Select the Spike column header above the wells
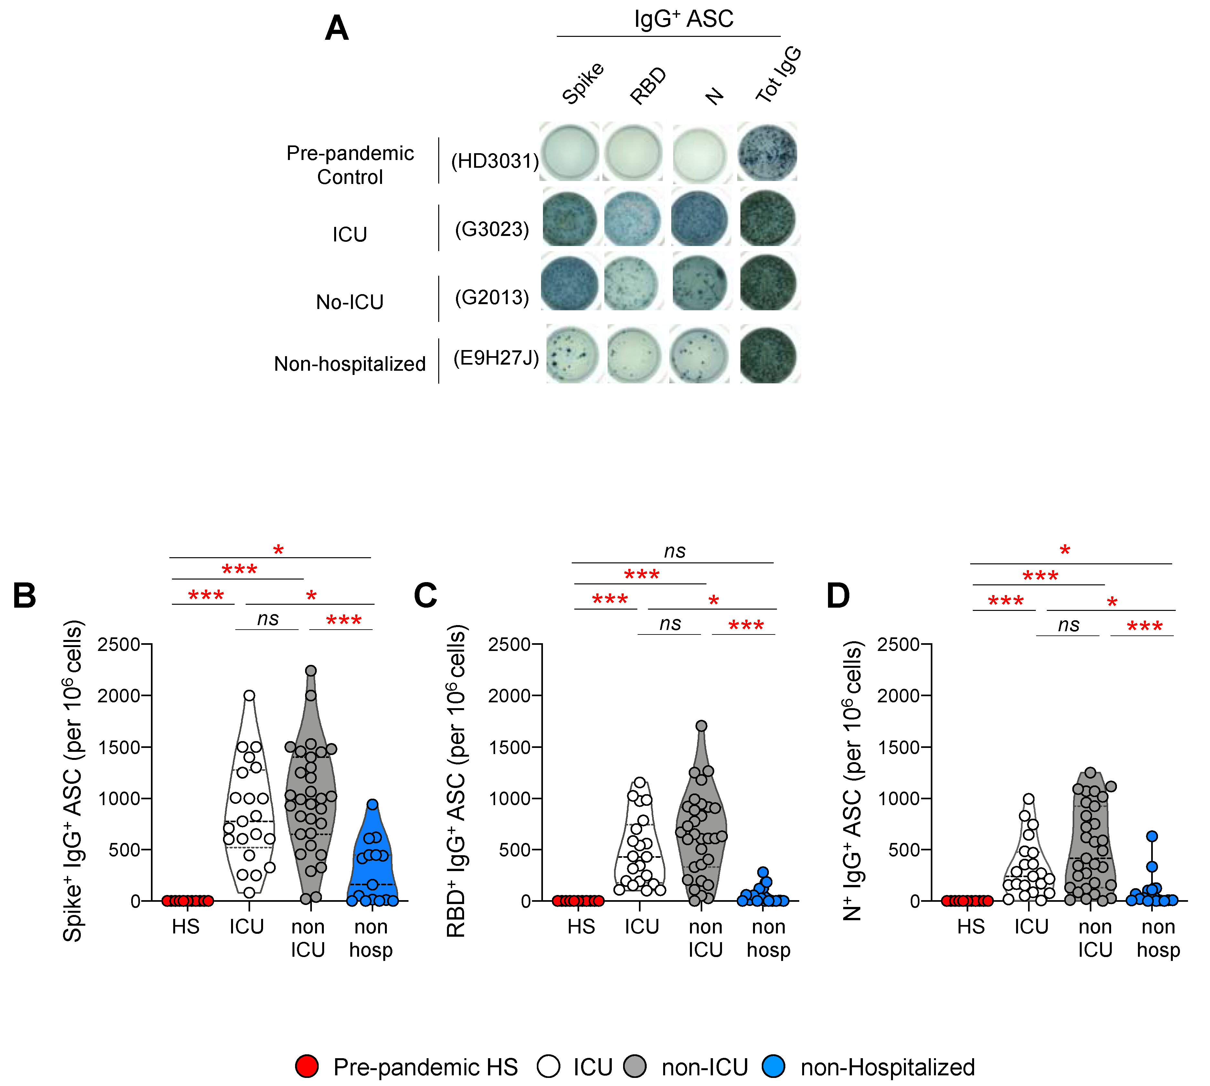pyautogui.click(x=583, y=83)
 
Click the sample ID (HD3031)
pyautogui.click(x=494, y=161)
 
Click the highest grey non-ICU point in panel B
pyautogui.click(x=311, y=671)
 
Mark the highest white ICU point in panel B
pyautogui.click(x=249, y=695)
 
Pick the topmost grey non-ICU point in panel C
pyautogui.click(x=702, y=726)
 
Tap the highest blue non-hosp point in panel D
pyautogui.click(x=1152, y=836)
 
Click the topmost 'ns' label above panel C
pyautogui.click(x=675, y=551)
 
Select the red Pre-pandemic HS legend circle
pyautogui.click(x=307, y=1066)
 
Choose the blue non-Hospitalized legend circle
pyautogui.click(x=774, y=1066)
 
